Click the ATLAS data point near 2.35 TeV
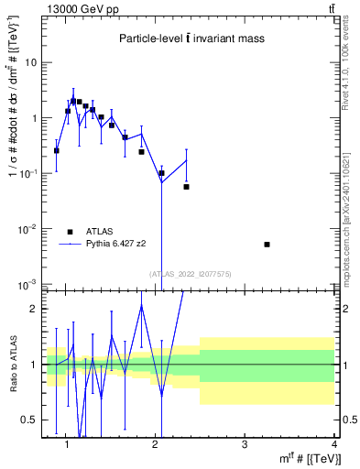pyautogui.click(x=186, y=187)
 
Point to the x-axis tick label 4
pyautogui.click(x=333, y=445)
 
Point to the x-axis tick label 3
pyautogui.click(x=244, y=445)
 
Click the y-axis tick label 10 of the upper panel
pyautogui.click(x=31, y=63)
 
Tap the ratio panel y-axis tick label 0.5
pyautogui.click(x=28, y=420)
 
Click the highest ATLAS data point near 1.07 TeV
pyautogui.click(x=73, y=101)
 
